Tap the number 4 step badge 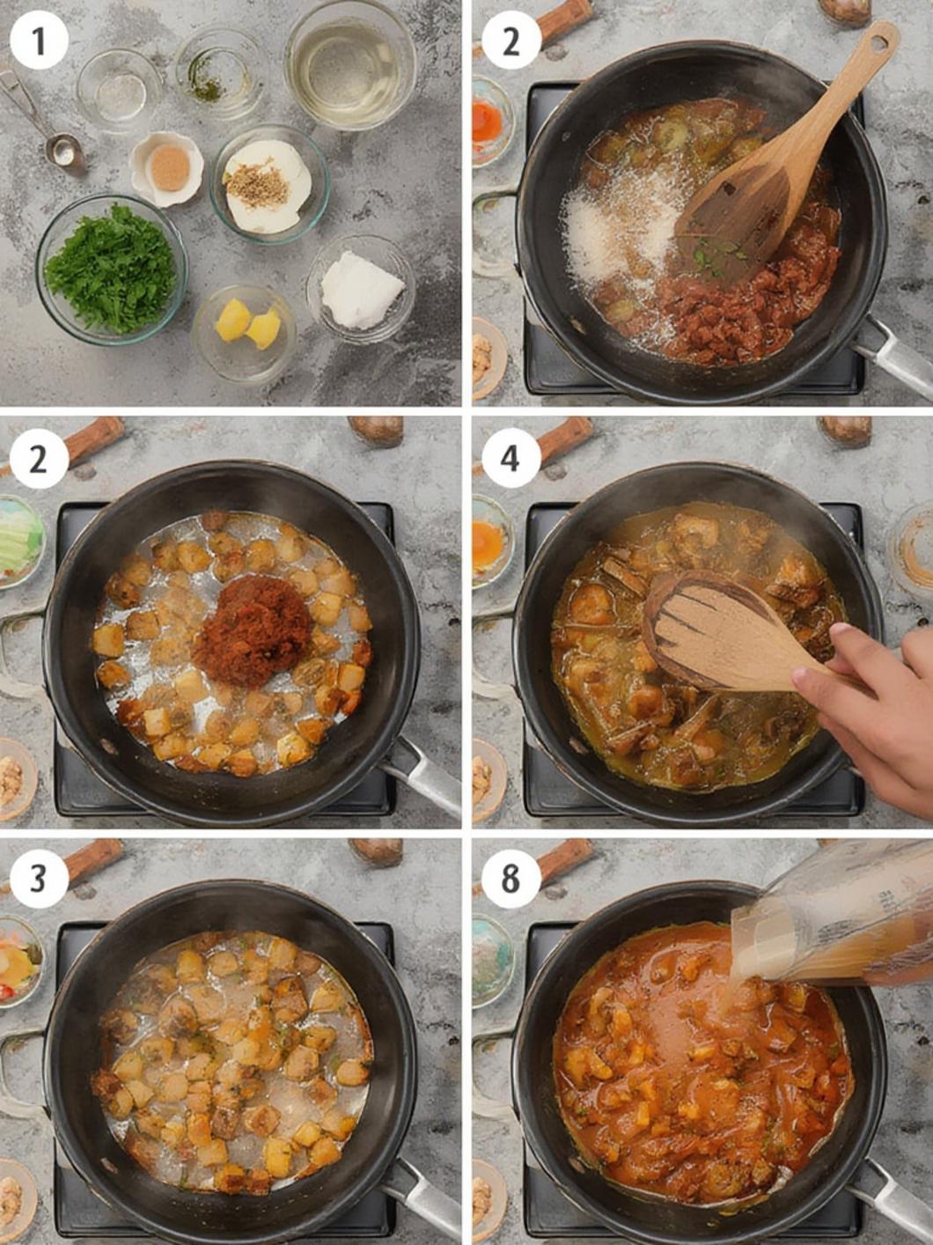click(511, 459)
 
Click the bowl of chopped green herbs click(111, 270)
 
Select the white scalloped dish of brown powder click(166, 169)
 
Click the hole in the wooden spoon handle click(881, 41)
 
